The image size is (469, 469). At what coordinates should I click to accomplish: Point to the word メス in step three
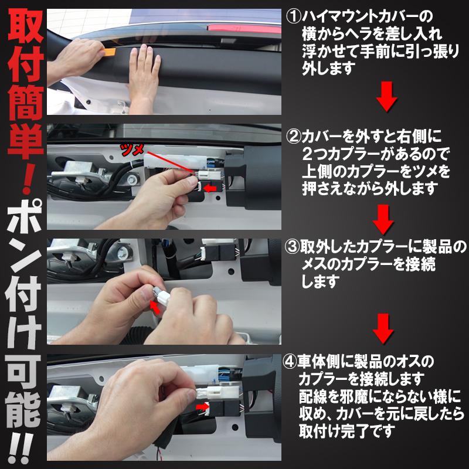[x=312, y=264]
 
